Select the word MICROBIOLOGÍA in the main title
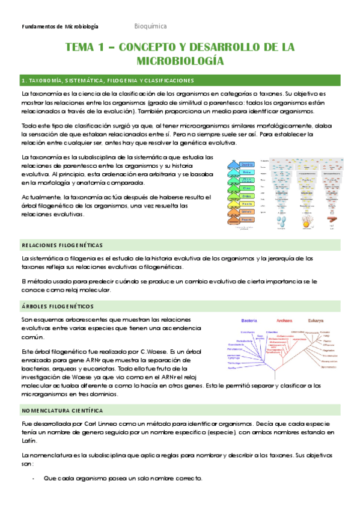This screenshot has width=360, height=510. point(180,61)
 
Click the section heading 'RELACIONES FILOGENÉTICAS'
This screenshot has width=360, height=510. point(62,245)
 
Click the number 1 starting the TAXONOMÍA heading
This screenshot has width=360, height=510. point(23,81)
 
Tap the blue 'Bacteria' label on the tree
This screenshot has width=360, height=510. point(251,320)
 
